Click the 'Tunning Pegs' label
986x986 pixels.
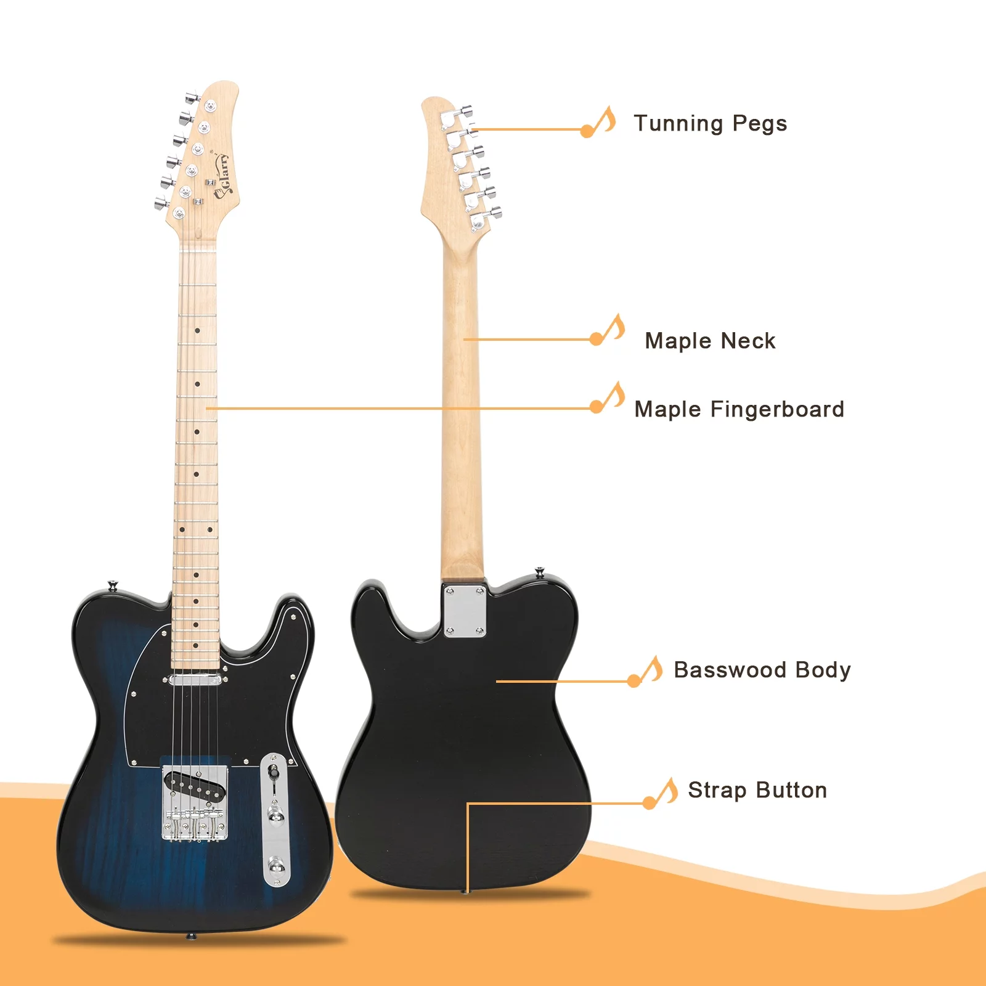pos(710,124)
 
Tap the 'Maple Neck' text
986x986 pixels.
pos(710,341)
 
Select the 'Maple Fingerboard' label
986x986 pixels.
pos(739,409)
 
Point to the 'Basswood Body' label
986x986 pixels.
pos(762,670)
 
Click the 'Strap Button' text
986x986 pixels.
pos(757,790)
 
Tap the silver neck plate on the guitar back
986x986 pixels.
pos(465,611)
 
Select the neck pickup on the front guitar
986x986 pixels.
pos(195,680)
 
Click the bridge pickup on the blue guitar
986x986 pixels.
pos(195,785)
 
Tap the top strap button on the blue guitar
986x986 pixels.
pos(112,585)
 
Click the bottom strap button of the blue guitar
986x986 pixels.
pos(190,935)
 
